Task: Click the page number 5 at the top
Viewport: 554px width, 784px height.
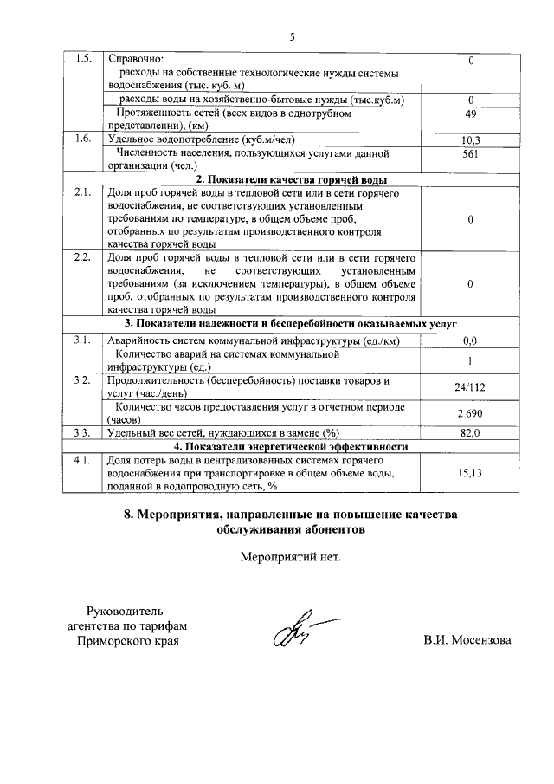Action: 292,37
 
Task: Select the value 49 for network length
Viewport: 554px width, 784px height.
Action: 471,113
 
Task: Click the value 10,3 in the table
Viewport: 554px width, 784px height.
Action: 471,139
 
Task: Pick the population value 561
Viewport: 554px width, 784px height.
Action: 471,153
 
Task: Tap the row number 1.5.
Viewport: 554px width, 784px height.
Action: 83,59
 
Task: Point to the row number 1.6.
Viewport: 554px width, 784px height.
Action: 83,139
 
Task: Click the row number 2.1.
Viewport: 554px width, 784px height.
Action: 83,193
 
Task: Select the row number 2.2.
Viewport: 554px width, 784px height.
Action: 83,258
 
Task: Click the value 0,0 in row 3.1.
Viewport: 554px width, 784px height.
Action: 471,341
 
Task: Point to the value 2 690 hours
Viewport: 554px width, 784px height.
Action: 471,413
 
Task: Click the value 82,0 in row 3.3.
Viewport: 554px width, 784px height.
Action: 471,433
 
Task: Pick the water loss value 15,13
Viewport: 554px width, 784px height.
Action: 471,473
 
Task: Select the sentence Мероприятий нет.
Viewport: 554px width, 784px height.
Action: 291,556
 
